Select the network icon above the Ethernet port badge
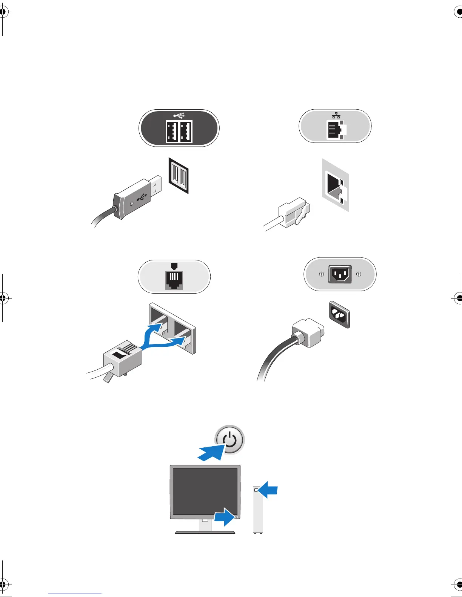(x=336, y=116)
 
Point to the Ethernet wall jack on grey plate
(x=335, y=185)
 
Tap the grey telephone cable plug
(x=123, y=358)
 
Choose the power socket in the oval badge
(x=340, y=274)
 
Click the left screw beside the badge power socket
(x=321, y=274)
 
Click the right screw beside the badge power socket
(x=359, y=274)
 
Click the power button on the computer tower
(x=256, y=490)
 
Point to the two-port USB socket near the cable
(x=179, y=176)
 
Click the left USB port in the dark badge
(x=172, y=132)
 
